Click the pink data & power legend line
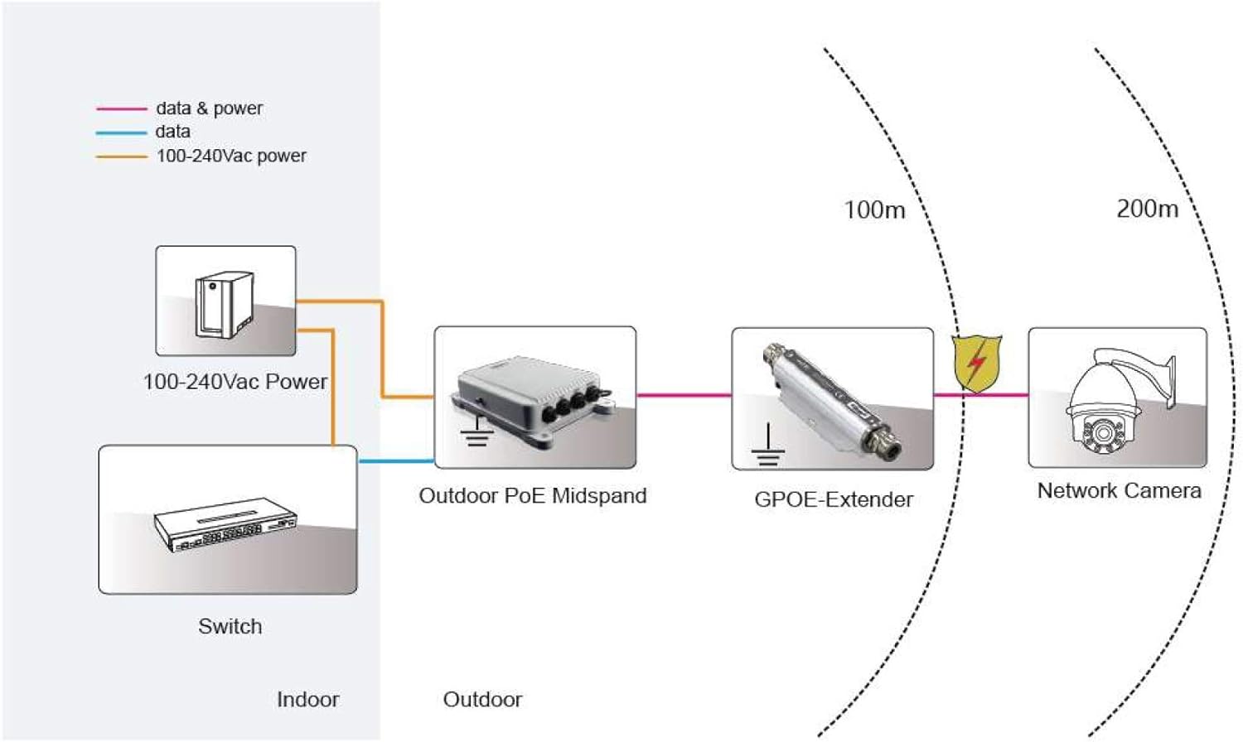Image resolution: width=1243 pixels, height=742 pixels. point(121,108)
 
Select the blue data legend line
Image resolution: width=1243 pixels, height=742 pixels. point(121,132)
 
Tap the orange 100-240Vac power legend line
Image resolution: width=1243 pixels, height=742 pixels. point(121,157)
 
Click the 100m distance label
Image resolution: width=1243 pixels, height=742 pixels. point(874,210)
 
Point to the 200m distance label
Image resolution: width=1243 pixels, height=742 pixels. point(1147,209)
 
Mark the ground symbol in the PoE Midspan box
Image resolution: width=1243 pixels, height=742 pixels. point(476,431)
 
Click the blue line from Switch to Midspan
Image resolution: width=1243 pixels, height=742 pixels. point(396,461)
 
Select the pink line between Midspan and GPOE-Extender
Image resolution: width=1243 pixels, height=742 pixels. point(684,395)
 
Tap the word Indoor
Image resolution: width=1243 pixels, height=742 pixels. point(307,700)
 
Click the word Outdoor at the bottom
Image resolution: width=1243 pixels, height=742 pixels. point(482,700)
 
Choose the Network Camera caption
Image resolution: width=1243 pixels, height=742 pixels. point(1119,491)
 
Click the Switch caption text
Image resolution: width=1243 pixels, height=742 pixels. point(230,627)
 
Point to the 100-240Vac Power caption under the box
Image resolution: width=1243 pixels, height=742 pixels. point(235,382)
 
